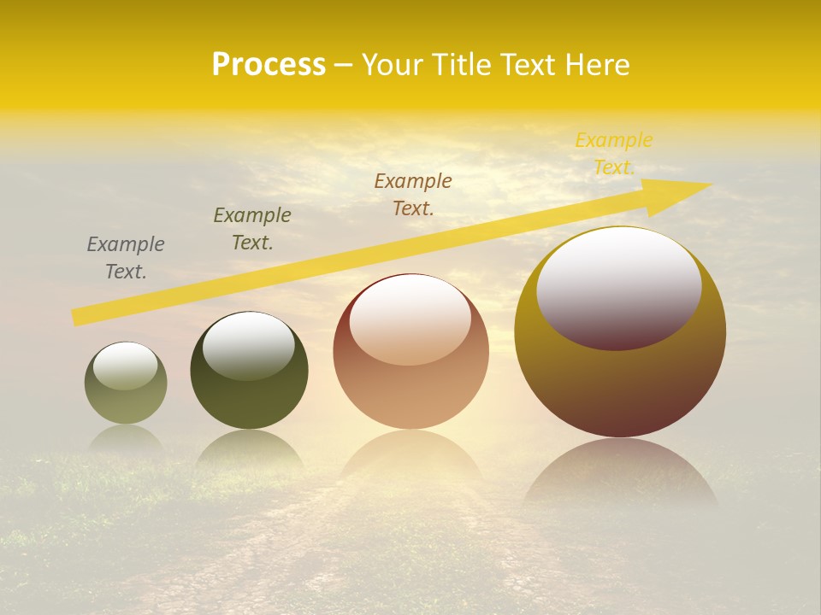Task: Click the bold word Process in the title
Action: [269, 65]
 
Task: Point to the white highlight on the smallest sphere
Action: [126, 366]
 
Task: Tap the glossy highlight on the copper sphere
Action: [410, 319]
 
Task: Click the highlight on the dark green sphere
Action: [249, 345]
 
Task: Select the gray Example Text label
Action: [126, 258]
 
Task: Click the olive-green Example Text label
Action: [252, 229]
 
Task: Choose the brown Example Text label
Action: [413, 194]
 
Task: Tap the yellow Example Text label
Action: [614, 153]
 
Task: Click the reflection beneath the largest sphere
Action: [621, 470]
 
